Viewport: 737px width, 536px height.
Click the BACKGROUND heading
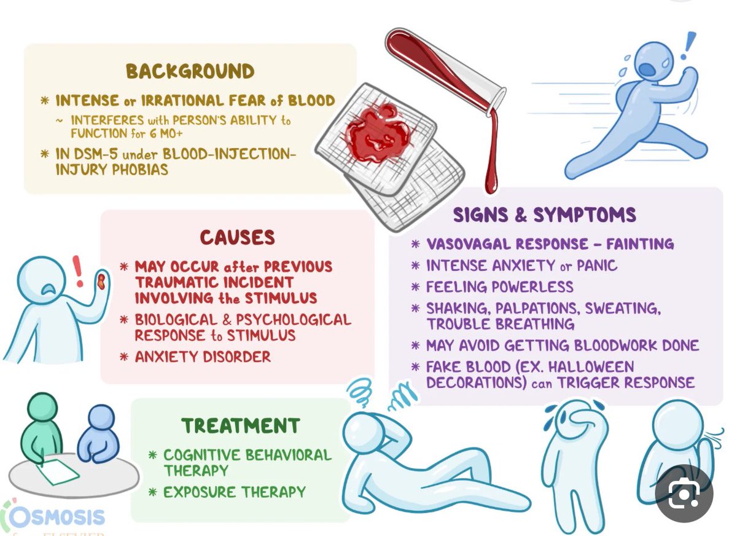(190, 71)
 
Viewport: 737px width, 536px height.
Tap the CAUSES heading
(237, 237)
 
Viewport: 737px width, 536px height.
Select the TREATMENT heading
(240, 425)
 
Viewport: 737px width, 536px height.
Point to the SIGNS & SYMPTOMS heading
(545, 215)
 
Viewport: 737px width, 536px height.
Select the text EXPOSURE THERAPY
(234, 492)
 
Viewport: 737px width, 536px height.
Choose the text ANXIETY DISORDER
(203, 357)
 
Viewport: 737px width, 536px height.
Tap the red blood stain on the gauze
(378, 134)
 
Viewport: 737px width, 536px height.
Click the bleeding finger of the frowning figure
(100, 283)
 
